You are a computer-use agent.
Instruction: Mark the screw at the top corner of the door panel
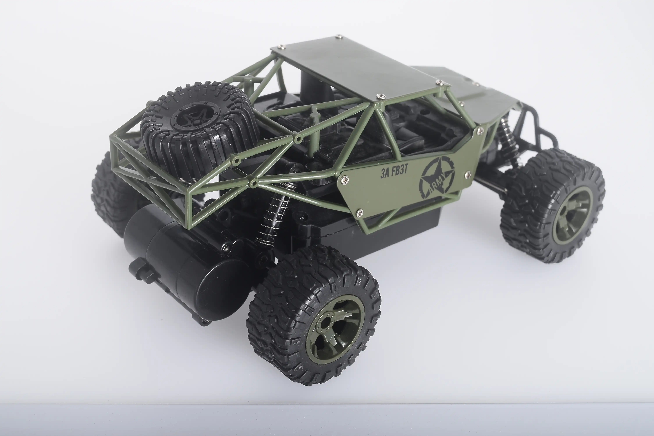click(479, 130)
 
